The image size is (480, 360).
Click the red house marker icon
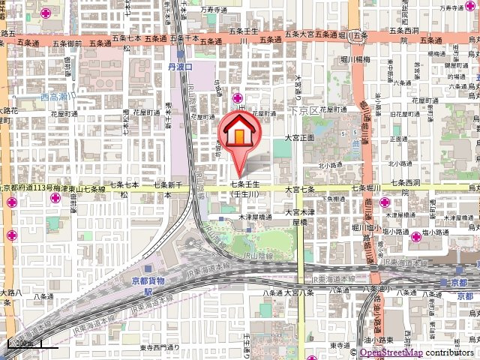point(239,131)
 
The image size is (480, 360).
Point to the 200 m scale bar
point(23,345)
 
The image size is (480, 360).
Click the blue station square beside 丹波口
point(181,54)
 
